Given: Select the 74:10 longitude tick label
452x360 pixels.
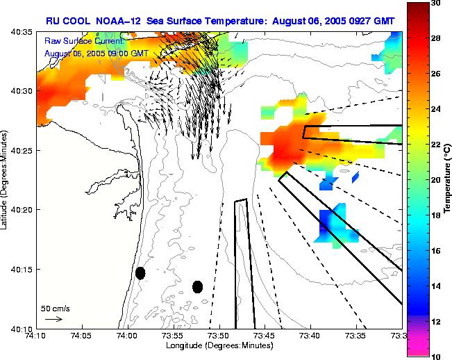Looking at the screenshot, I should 36,335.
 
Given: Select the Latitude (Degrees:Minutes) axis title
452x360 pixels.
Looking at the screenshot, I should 6,179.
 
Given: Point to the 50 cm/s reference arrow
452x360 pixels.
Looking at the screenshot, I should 53,319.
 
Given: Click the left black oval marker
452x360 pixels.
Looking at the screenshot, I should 140,273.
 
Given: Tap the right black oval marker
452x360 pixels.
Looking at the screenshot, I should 198,286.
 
